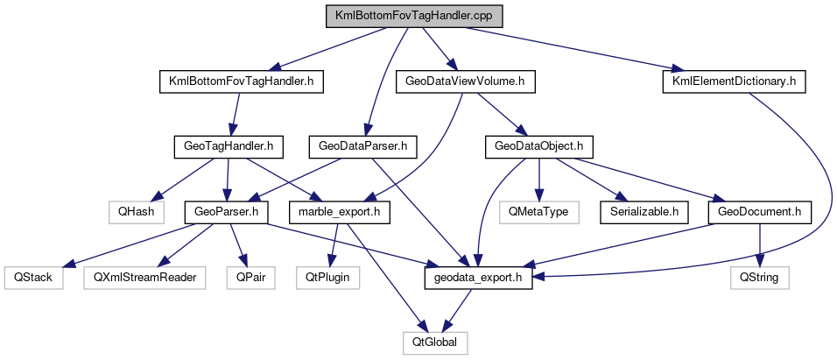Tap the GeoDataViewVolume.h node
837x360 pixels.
465,81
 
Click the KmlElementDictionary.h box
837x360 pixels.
733,81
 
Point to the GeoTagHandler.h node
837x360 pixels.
224,146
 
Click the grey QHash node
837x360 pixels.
131,211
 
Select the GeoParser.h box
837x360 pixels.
226,211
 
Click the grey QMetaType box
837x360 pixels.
539,211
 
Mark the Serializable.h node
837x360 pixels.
644,211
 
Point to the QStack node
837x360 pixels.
33,277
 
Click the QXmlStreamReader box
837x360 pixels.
140,277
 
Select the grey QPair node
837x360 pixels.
250,277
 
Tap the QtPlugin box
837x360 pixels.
327,277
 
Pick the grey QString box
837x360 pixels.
760,277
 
